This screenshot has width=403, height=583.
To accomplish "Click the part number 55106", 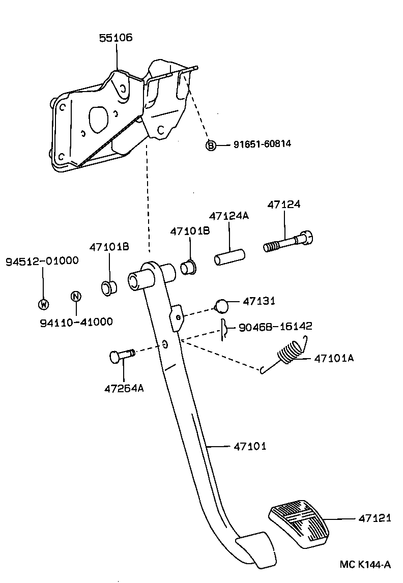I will (x=116, y=38).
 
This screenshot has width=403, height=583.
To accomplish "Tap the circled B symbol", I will (x=211, y=145).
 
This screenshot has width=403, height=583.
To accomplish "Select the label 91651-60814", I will (x=262, y=144).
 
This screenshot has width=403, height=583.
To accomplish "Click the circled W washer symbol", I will (x=43, y=304).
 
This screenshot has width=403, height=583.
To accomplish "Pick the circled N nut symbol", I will (x=75, y=296).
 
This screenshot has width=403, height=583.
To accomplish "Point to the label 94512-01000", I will (x=42, y=261).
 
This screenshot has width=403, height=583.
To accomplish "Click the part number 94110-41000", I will (x=76, y=322).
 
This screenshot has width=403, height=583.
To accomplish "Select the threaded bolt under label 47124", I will (x=288, y=241).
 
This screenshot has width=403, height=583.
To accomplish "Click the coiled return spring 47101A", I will (x=290, y=353).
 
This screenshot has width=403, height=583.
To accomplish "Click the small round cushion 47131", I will (x=222, y=306).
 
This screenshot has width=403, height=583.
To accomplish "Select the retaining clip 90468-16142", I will (x=223, y=330).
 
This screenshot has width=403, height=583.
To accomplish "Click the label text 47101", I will (x=250, y=447).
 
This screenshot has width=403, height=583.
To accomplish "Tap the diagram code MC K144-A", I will (x=365, y=564).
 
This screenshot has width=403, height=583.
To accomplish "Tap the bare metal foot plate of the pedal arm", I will (x=253, y=548).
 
